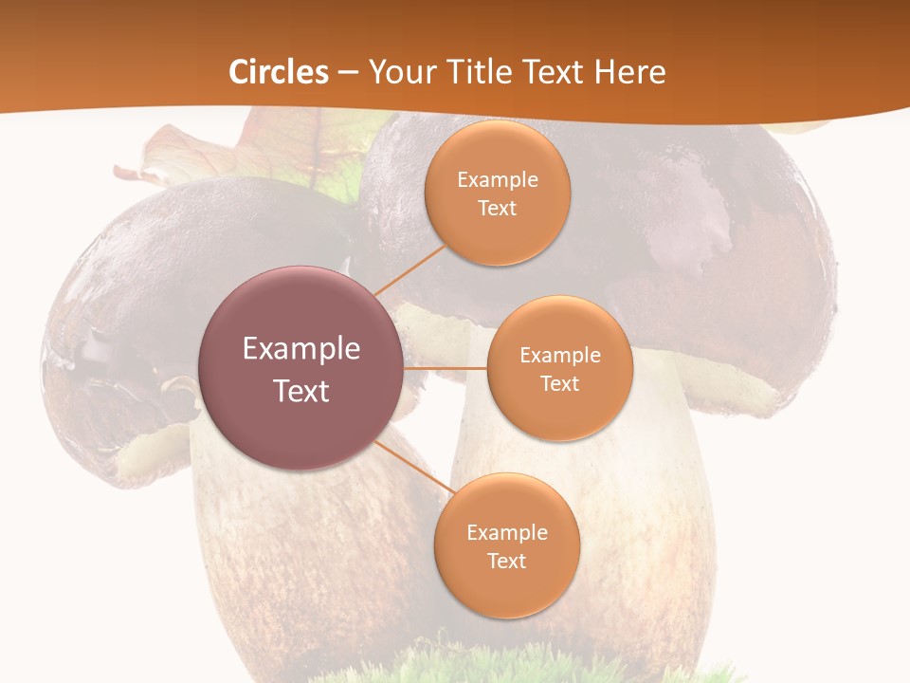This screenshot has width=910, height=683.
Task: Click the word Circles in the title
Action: point(278,72)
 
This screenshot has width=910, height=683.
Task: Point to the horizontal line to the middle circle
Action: point(446,368)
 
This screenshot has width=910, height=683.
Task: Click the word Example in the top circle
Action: point(498,179)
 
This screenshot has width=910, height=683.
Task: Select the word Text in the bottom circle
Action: point(507,561)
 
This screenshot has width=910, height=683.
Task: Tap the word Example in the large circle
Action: point(301,348)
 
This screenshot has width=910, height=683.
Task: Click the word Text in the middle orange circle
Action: point(560,383)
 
